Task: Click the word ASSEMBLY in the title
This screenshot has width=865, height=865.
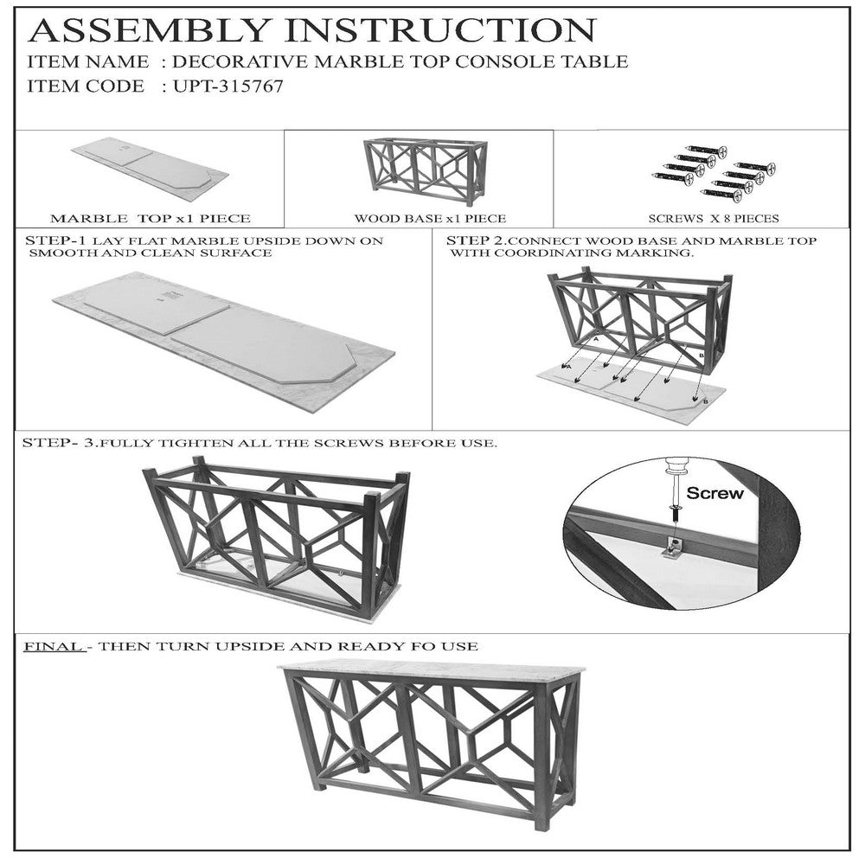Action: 149,30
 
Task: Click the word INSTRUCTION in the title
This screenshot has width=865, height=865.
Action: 441,30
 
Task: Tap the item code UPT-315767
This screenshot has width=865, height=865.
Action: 227,86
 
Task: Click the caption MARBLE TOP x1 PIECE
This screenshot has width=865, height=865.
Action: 150,219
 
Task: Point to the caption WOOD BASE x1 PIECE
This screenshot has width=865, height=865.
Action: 430,219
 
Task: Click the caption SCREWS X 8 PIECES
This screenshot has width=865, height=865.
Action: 714,219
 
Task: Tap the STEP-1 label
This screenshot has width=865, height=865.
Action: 55,240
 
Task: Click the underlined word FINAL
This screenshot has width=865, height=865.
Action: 54,646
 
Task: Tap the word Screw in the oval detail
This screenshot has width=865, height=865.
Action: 714,493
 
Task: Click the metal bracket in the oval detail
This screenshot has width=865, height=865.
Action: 674,548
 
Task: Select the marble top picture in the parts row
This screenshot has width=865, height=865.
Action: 150,163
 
